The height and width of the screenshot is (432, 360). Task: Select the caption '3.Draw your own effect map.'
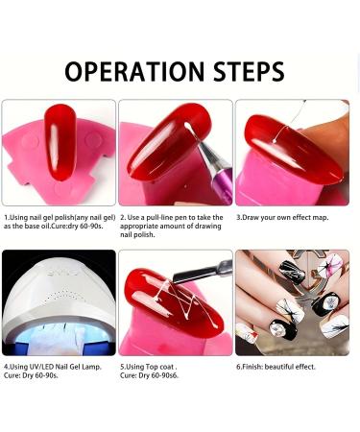[x=284, y=217]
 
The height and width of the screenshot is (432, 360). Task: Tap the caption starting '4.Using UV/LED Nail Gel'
[x=54, y=366]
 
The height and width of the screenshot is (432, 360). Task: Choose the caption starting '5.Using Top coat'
[x=149, y=366]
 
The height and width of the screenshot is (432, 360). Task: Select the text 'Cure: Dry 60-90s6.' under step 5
[x=152, y=375]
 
